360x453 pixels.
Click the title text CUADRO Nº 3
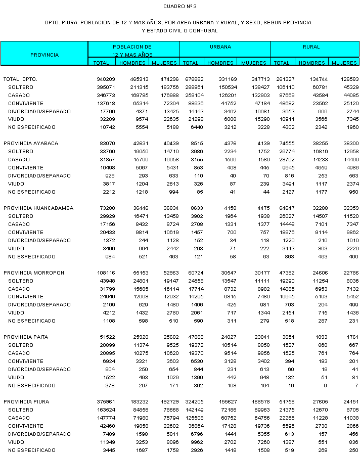[179, 7]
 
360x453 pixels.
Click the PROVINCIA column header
[44, 55]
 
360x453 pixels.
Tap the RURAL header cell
[311, 47]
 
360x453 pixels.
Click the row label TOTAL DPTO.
[20, 79]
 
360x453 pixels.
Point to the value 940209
[106, 79]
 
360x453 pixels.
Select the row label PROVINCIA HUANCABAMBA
[38, 208]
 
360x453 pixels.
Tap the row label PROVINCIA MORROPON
[34, 273]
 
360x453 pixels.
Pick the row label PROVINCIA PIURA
[27, 401]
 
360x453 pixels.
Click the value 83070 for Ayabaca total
[107, 144]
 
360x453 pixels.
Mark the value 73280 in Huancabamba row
[107, 208]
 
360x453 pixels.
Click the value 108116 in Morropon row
[106, 273]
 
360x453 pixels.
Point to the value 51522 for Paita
[107, 337]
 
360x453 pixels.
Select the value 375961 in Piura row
[106, 401]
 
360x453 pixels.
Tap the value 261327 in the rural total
[283, 79]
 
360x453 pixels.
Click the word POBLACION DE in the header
[132, 47]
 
